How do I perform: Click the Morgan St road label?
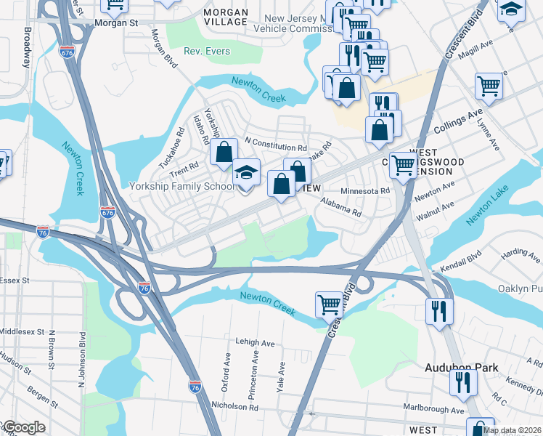(116, 23)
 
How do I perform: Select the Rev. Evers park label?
(207, 52)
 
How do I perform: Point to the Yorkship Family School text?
(181, 186)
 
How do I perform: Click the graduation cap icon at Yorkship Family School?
(246, 174)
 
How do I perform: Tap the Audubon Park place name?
(461, 368)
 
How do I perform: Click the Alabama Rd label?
(340, 209)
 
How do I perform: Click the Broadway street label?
(27, 48)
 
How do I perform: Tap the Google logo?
(23, 427)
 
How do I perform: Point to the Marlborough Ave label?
(438, 410)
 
